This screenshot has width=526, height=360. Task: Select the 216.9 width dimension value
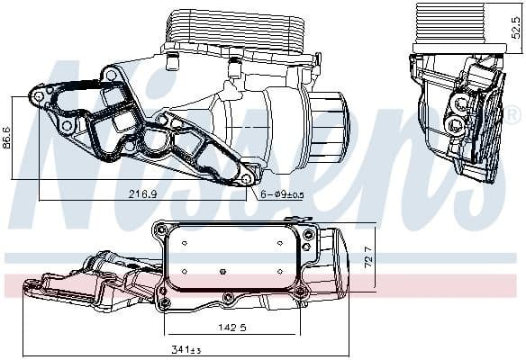tap(142, 193)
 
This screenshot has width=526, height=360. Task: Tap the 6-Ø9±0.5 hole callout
tap(282, 193)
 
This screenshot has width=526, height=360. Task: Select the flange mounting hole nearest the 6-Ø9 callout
tap(248, 179)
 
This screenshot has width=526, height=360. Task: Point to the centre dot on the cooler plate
tap(222, 268)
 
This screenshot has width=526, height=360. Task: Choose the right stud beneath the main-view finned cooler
tap(233, 65)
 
